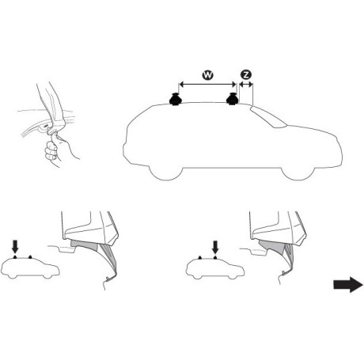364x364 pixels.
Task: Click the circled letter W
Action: tap(207, 74)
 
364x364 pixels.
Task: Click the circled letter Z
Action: tap(246, 74)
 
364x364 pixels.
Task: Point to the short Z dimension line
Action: tap(245, 83)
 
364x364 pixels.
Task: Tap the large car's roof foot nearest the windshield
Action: tap(233, 100)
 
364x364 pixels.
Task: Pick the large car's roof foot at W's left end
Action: tap(174, 100)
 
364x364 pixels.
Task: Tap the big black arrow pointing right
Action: tap(346, 286)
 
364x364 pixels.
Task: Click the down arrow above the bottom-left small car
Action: tap(13, 246)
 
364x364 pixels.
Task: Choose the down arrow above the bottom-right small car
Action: tap(214, 247)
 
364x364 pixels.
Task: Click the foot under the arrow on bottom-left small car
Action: tap(13, 258)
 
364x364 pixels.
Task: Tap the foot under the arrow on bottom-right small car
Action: tap(214, 258)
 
